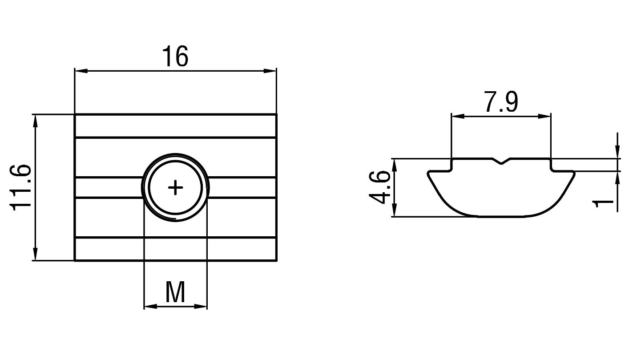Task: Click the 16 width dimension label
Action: pos(175,57)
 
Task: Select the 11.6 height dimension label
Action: pos(20,187)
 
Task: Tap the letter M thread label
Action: pos(175,292)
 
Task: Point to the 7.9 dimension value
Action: pos(501,101)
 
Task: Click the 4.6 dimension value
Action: pos(379,187)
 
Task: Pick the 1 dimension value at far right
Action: pos(603,203)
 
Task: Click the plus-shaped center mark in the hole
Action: pos(175,187)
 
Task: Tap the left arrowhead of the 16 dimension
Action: pos(81,71)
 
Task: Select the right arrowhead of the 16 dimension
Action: pos(270,71)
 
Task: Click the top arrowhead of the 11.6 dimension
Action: pos(35,121)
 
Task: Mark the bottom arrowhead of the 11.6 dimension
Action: pos(35,254)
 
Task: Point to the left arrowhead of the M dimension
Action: pos(150,307)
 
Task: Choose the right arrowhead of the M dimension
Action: pos(201,307)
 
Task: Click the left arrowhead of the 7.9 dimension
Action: pos(458,116)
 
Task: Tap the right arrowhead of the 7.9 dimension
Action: pos(544,116)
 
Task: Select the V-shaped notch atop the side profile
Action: pos(501,162)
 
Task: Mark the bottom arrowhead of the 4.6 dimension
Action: pos(395,210)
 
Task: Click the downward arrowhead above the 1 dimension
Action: pos(617,152)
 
